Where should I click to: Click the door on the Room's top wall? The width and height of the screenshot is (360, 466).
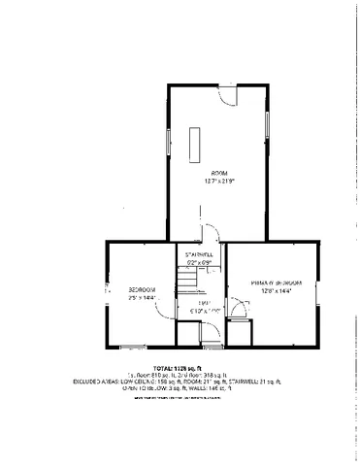(x=224, y=94)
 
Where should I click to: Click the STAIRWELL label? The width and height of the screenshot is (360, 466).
(x=199, y=254)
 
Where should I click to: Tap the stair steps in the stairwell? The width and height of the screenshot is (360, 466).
(x=185, y=282)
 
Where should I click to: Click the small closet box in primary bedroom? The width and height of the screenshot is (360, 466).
(x=240, y=333)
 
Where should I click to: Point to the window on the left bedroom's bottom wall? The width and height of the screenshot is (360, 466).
(x=130, y=346)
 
